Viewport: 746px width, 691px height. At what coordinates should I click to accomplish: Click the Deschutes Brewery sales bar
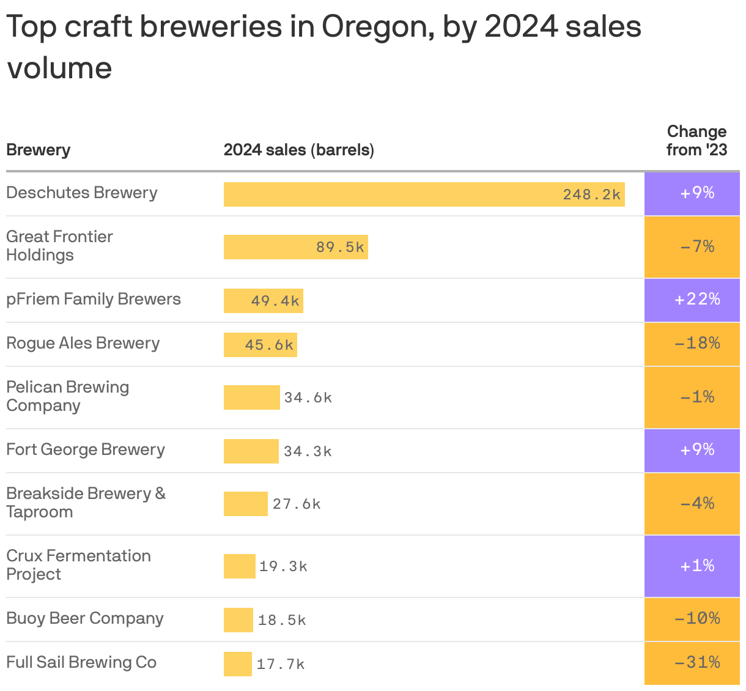tap(424, 194)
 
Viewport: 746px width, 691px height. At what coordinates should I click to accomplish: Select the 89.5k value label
tap(340, 247)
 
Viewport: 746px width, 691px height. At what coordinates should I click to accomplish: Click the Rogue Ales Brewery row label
tap(83, 344)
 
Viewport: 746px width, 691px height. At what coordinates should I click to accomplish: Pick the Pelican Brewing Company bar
tap(251, 397)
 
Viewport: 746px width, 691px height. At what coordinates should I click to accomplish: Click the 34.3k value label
tap(308, 451)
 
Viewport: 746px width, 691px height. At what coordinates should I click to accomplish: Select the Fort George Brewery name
tap(86, 450)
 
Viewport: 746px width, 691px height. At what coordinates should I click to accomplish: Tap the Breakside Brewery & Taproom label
tap(86, 503)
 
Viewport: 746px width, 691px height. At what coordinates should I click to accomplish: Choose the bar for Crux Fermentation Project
tap(239, 566)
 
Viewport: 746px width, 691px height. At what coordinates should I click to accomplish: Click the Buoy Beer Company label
tap(85, 619)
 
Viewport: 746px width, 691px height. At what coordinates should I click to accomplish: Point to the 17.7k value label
tap(281, 664)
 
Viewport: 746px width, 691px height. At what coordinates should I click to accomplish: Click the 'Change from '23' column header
tap(696, 141)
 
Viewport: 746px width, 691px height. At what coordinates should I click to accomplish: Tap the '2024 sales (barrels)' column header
tap(298, 150)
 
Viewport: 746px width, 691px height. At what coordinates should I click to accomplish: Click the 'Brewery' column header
tap(38, 150)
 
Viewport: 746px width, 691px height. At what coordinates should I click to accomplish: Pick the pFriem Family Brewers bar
tap(263, 301)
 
